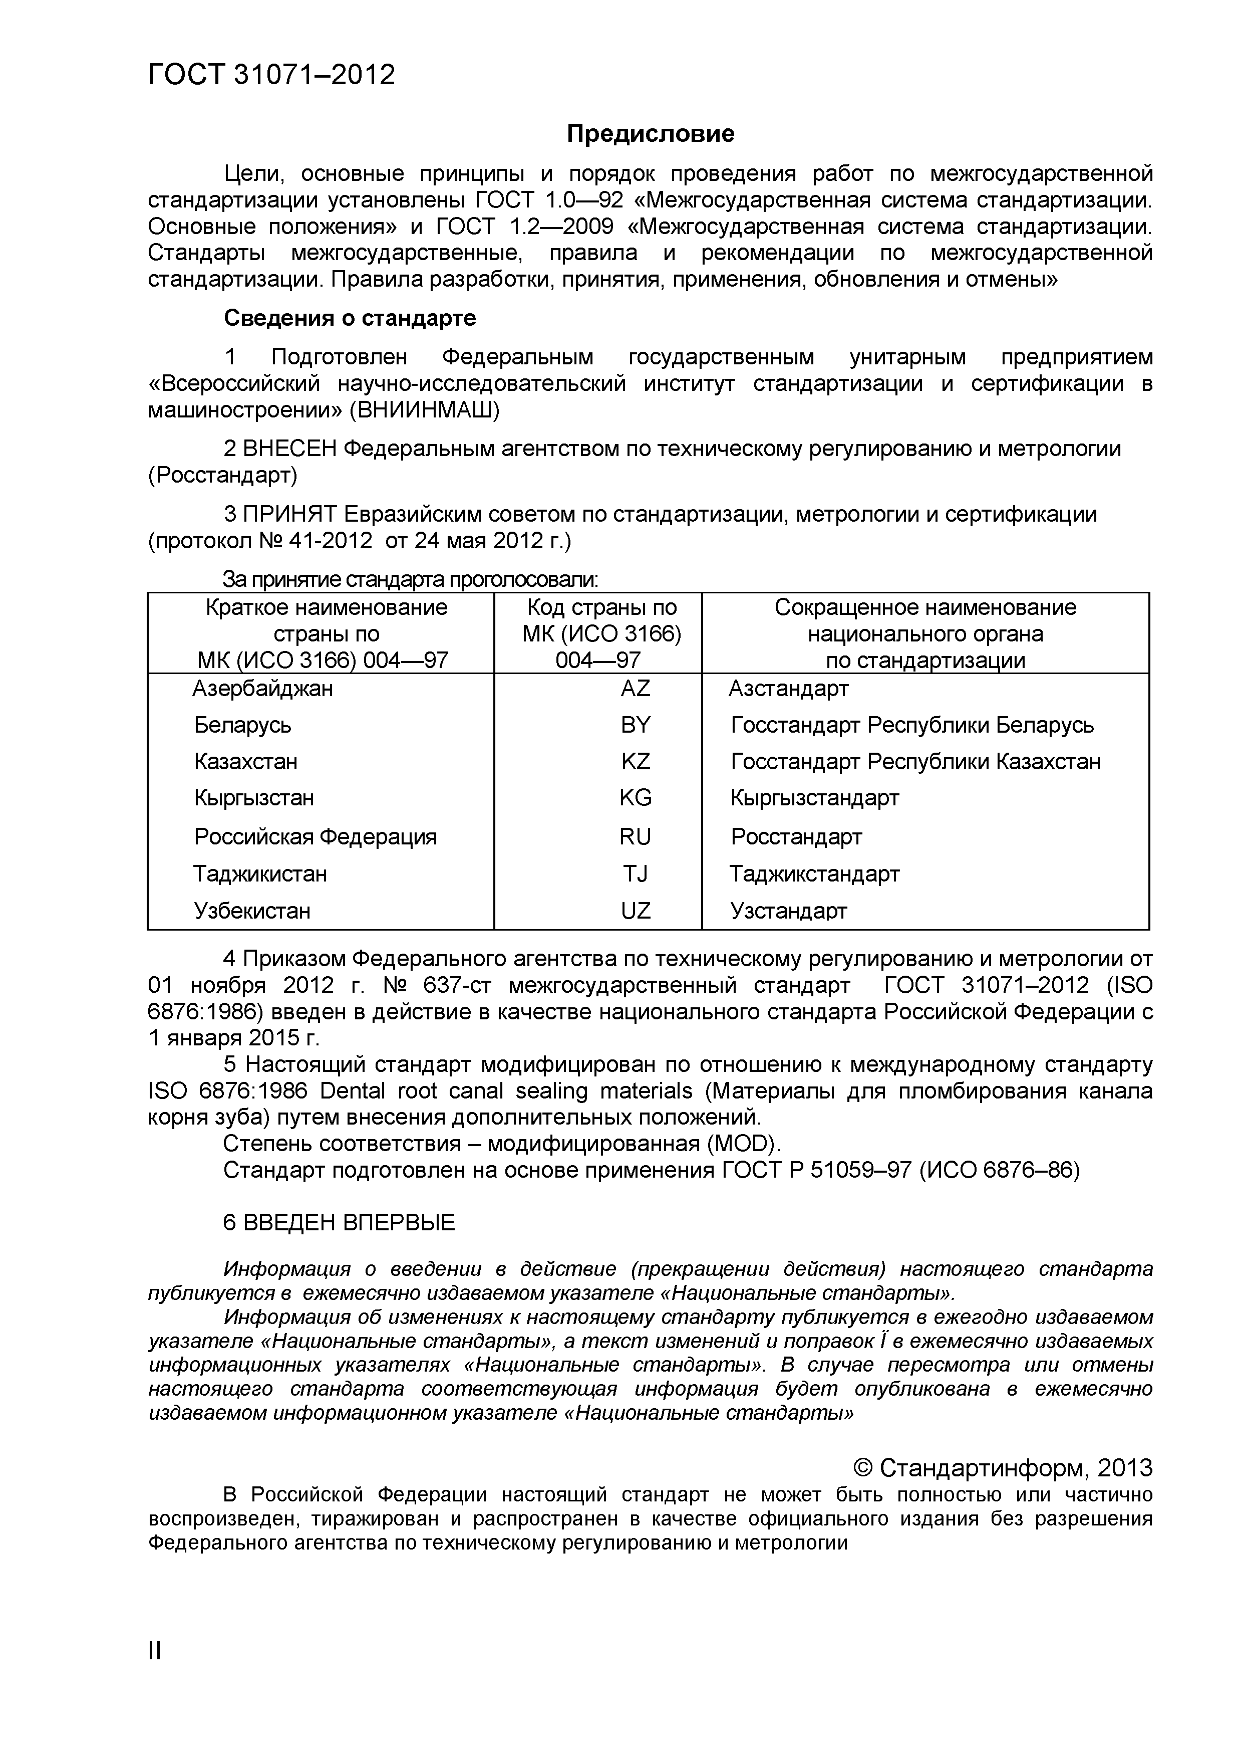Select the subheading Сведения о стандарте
(x=350, y=318)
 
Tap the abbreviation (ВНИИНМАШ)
(x=424, y=410)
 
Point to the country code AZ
(x=635, y=689)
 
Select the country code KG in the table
(x=635, y=798)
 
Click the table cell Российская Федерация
(x=316, y=836)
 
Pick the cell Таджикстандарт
(x=814, y=873)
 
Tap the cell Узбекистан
(x=252, y=911)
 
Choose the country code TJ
(x=635, y=873)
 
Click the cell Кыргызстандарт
(x=814, y=798)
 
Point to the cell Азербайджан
(x=262, y=689)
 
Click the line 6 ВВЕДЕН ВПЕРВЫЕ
(x=339, y=1222)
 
